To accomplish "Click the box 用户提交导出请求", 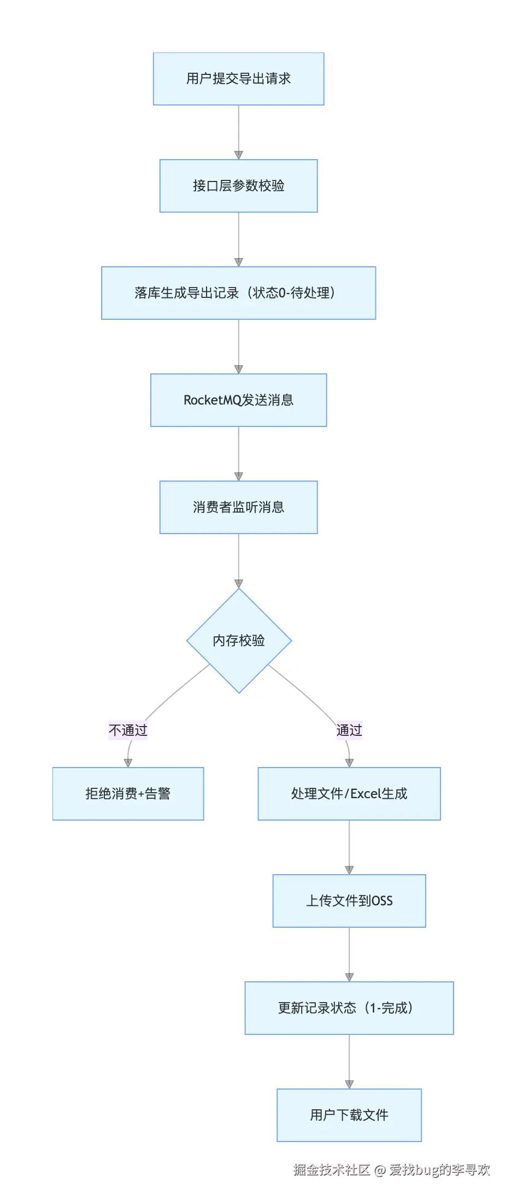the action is point(239,79).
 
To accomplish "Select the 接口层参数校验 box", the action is point(239,186).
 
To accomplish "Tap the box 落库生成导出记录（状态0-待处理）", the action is point(239,293).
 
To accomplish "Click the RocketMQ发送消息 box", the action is point(239,400).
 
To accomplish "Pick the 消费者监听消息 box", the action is point(239,507).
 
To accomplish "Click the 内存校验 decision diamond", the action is point(239,641).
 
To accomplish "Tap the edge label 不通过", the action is point(128,730).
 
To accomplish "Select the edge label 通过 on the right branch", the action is point(349,730).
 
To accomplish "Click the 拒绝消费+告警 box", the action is point(128,794).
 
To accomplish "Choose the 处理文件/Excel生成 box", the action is point(349,794).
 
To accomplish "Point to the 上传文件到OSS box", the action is point(349,901).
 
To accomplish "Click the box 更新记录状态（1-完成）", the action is point(349,1008).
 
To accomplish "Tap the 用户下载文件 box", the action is point(349,1115).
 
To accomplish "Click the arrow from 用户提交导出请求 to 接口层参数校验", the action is point(239,132).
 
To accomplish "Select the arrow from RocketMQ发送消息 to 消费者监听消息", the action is point(239,454).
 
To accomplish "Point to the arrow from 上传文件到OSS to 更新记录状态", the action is point(349,955).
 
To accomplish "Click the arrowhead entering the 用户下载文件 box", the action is point(349,1085).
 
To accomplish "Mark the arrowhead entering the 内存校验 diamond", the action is point(239,584).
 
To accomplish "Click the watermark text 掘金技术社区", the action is point(332,1169).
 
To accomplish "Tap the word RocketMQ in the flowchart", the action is point(213,400).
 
